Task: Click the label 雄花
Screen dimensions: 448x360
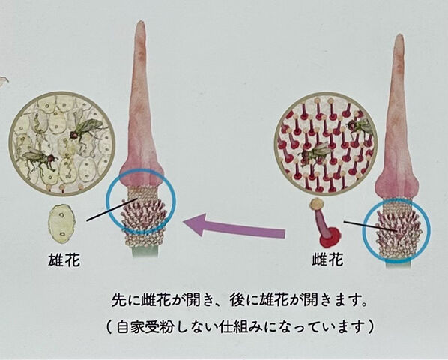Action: [x=64, y=260]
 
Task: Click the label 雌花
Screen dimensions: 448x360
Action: [x=327, y=260]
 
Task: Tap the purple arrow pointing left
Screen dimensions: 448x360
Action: [x=234, y=226]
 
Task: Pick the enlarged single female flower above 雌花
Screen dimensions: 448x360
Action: [x=325, y=223]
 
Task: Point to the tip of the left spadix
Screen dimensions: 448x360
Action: [x=139, y=21]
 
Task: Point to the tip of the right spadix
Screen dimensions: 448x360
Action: [x=399, y=34]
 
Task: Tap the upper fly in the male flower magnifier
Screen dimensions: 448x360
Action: [x=85, y=129]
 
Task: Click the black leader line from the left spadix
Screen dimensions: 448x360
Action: [x=112, y=210]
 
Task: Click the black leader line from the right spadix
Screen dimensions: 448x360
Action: [x=371, y=226]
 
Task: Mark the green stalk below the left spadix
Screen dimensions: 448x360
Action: [x=145, y=251]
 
